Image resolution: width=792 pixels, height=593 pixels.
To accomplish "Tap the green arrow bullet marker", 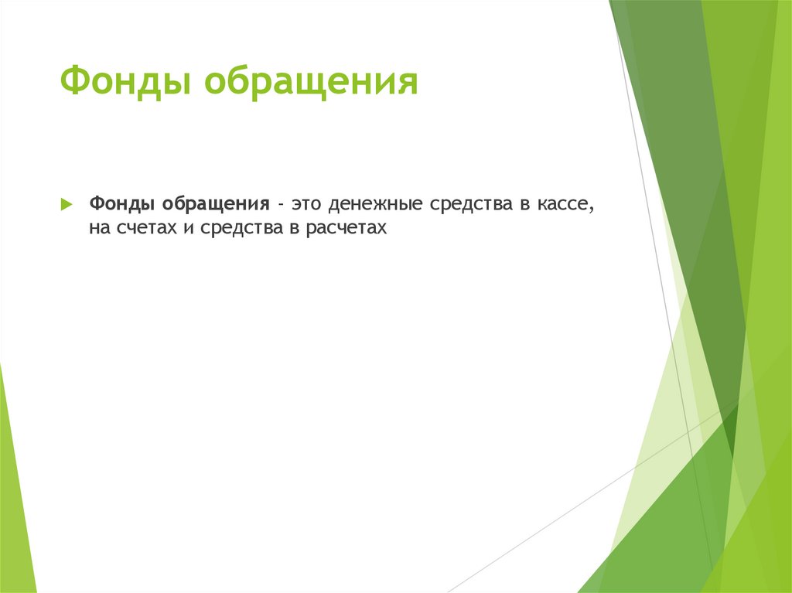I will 67,205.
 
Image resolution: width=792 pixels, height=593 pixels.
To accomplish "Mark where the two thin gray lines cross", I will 698,430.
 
